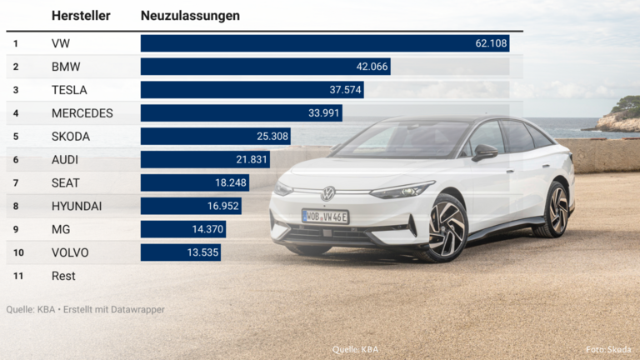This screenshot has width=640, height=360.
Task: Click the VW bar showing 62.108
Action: pos(325,43)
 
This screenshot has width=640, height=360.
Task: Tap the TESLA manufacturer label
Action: pos(69,90)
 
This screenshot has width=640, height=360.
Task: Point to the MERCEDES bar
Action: pos(241,112)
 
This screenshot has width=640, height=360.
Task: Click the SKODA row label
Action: pos(71,136)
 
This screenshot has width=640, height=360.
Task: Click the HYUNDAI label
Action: pos(77,206)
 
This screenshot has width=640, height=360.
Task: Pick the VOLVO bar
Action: pos(180,252)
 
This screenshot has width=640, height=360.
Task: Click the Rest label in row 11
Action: pos(63,276)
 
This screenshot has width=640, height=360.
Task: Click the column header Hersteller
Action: pos(81,16)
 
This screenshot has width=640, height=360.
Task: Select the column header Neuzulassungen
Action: pos(190,16)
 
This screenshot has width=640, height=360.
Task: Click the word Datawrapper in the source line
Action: pos(136,309)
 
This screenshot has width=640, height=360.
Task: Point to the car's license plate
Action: pos(325,217)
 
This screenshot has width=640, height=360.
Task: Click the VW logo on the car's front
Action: pos(328,193)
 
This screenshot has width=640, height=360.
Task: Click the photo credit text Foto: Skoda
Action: pos(608,350)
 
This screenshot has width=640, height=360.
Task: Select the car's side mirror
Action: pos(484,152)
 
